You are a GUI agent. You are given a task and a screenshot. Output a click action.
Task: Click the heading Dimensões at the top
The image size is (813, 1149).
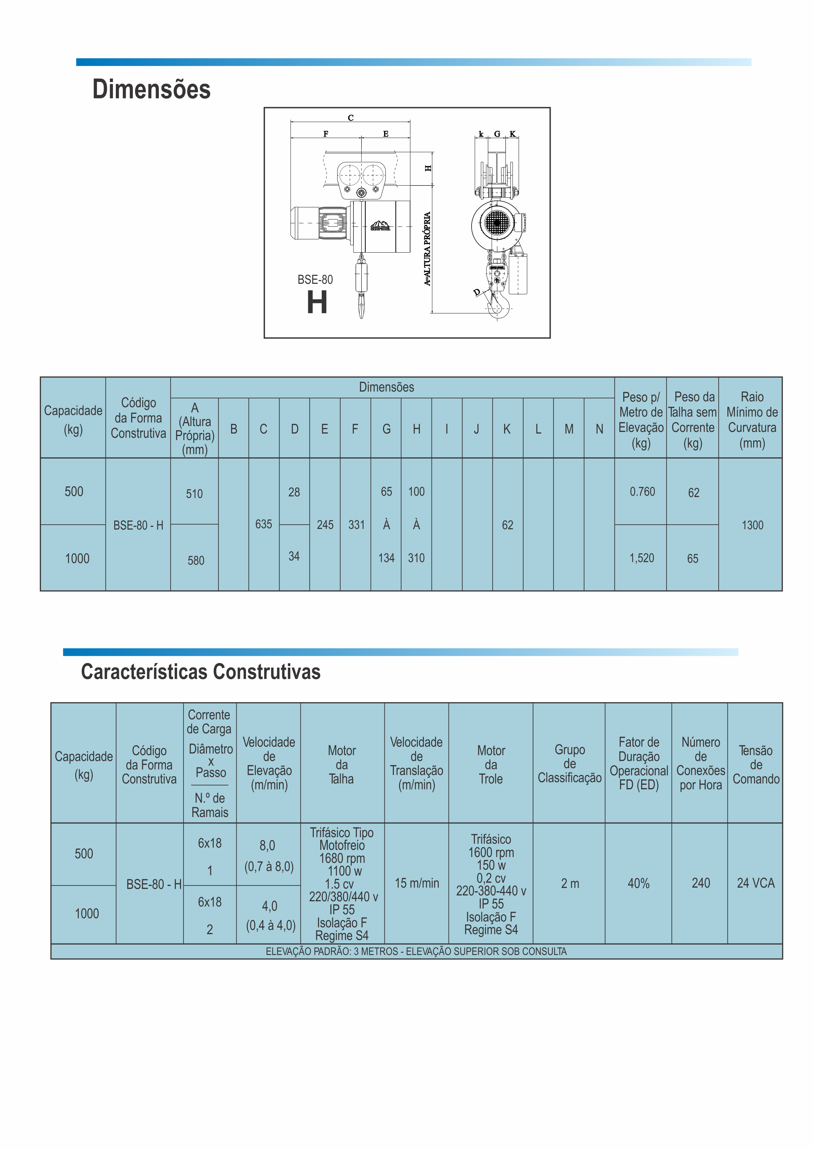151,90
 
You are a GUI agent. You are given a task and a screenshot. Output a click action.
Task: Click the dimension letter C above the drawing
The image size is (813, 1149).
351,118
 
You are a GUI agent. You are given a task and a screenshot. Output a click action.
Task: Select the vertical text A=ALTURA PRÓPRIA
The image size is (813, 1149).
427,249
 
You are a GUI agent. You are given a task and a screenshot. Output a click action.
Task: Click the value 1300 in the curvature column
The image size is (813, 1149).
752,525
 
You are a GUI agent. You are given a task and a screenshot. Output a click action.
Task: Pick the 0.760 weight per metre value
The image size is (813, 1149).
642,491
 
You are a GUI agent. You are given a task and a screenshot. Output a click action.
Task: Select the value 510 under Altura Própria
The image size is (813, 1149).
194,494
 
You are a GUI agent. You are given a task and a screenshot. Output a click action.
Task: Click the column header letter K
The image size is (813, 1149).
507,429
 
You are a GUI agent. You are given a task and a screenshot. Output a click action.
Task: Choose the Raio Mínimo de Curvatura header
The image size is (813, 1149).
752,420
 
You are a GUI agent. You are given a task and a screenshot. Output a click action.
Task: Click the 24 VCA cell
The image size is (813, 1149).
755,883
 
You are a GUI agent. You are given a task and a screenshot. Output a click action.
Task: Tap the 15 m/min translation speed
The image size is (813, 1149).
417,883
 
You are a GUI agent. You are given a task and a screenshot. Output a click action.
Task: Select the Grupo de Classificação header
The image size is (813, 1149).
569,764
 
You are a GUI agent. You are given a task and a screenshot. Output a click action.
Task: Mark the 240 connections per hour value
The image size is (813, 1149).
700,883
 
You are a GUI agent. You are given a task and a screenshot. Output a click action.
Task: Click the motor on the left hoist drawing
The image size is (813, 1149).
318,223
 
